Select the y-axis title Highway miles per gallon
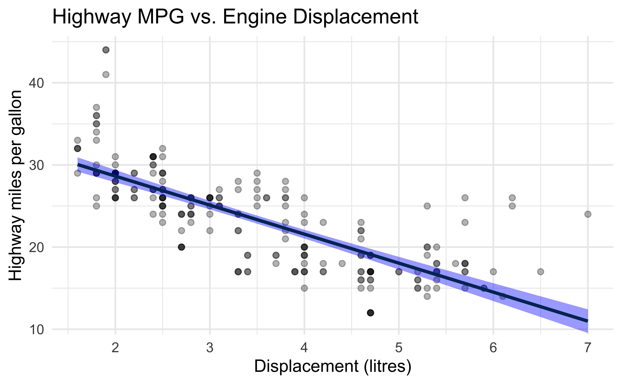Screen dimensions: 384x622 pyautogui.click(x=16, y=185)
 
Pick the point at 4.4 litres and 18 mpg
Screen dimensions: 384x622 pyautogui.click(x=342, y=263)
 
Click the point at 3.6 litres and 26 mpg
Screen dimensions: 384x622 pyautogui.click(x=266, y=198)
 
